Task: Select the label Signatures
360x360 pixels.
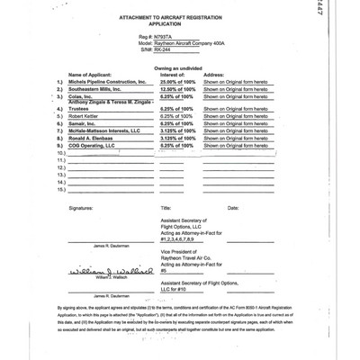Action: [86, 208]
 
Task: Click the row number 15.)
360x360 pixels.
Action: [60, 191]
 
